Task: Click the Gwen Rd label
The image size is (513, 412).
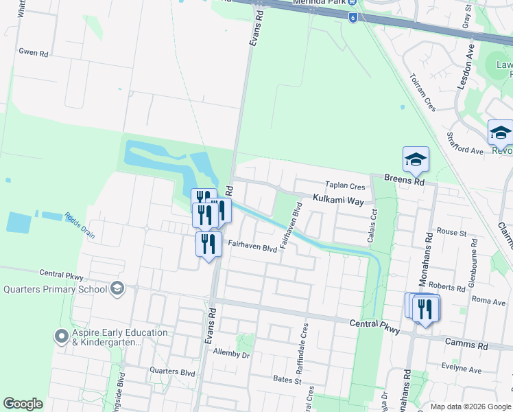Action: point(33,51)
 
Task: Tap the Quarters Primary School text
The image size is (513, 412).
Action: point(55,289)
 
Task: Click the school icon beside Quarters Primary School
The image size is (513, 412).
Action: point(118,288)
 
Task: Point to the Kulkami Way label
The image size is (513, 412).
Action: point(338,199)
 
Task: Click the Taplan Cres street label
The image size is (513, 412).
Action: point(346,186)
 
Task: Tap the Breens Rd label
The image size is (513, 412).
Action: point(405,181)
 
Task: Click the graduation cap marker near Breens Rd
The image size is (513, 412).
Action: point(416,160)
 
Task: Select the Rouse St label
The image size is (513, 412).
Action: point(451,233)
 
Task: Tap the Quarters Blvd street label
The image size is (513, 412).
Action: point(172,371)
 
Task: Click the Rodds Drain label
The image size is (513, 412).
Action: point(80,225)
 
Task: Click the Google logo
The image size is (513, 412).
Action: point(23,404)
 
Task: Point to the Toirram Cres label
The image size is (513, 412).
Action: point(422,93)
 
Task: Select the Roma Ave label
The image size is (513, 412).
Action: point(488,300)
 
